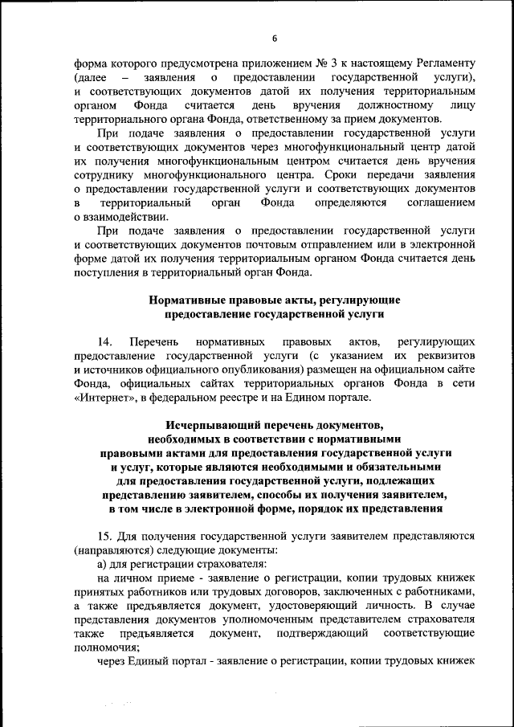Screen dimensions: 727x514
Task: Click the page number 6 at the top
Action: click(x=274, y=38)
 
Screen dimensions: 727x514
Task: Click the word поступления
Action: click(x=105, y=274)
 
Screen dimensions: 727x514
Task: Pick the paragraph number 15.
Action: click(x=104, y=536)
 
